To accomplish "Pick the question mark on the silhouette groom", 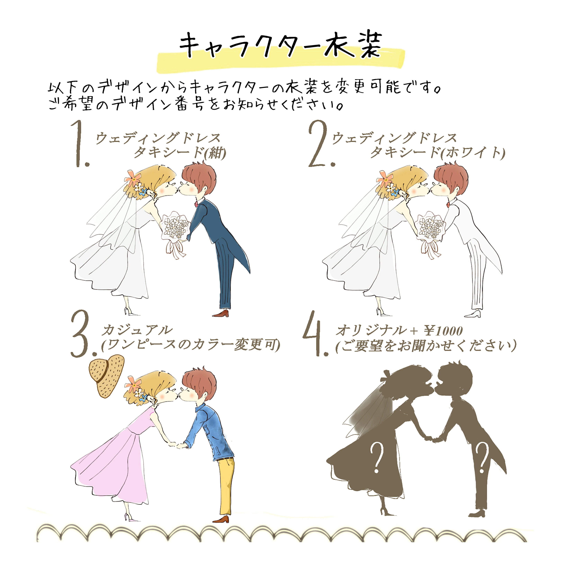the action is click(x=482, y=457).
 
